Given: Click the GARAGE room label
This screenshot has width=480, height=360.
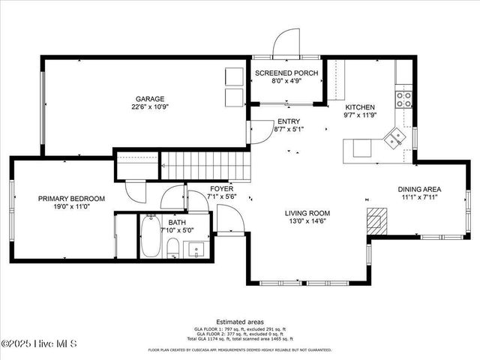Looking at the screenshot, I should (x=150, y=98).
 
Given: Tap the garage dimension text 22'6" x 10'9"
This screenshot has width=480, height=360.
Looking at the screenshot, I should (x=150, y=106).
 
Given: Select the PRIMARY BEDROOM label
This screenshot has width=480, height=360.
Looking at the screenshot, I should (x=72, y=199).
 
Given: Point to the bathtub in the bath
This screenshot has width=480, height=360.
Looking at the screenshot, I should (x=149, y=238).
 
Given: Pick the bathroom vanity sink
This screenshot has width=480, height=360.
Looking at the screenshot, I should (x=198, y=249).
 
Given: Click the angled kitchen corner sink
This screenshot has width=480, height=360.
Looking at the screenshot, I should (x=392, y=138).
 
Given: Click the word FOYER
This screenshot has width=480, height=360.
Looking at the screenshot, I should (x=221, y=188).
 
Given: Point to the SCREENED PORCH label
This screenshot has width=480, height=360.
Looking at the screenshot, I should (x=286, y=73).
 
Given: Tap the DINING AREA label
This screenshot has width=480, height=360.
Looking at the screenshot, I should (x=419, y=189).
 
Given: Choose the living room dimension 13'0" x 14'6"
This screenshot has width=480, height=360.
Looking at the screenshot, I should (x=307, y=221).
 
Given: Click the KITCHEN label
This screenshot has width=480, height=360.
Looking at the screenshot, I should (x=359, y=107).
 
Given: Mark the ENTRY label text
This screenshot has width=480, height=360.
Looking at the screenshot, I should (x=288, y=121).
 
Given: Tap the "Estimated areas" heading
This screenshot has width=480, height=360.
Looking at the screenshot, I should (x=239, y=321).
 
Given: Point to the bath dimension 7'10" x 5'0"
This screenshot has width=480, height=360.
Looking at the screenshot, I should (x=177, y=230).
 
